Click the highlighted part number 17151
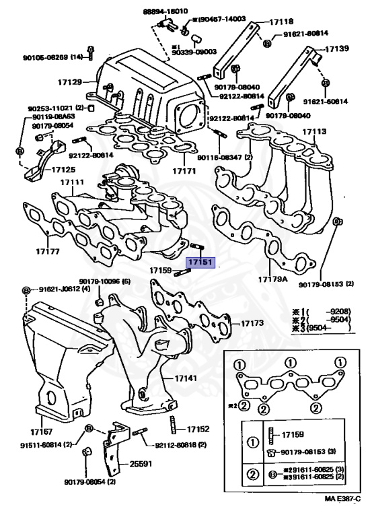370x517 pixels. pos(200,262)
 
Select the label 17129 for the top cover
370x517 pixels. pos(69,82)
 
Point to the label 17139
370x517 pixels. pos(337,49)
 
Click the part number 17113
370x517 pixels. pos(314,132)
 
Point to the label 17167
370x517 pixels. pos(42,431)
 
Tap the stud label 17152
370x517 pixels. pos(198,429)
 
